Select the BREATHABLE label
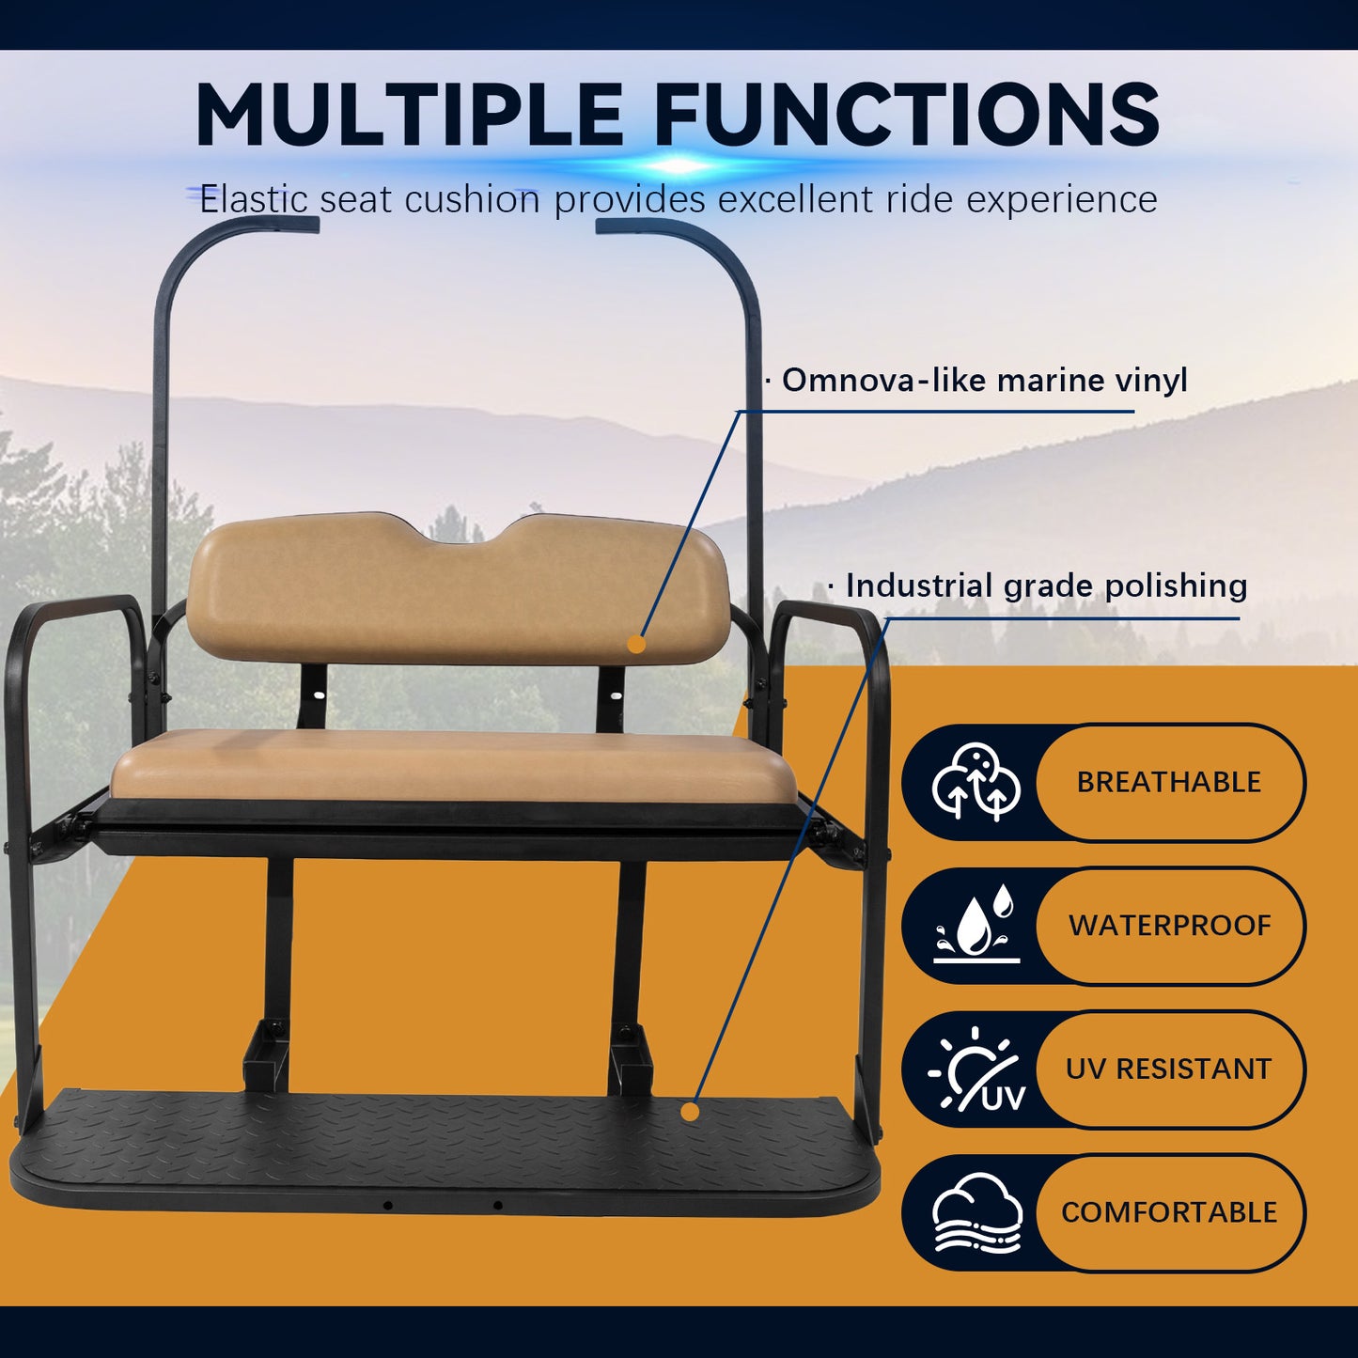1168,782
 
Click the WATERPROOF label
1169,926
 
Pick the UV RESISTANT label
1168,1069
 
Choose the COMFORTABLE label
1169,1212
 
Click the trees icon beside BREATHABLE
976,782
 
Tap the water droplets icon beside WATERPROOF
977,926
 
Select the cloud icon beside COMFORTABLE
977,1212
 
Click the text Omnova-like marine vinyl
984,381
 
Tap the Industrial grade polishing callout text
1046,585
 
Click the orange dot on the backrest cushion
636,644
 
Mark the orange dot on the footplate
690,1112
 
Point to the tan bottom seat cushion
451,766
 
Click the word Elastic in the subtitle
254,199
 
